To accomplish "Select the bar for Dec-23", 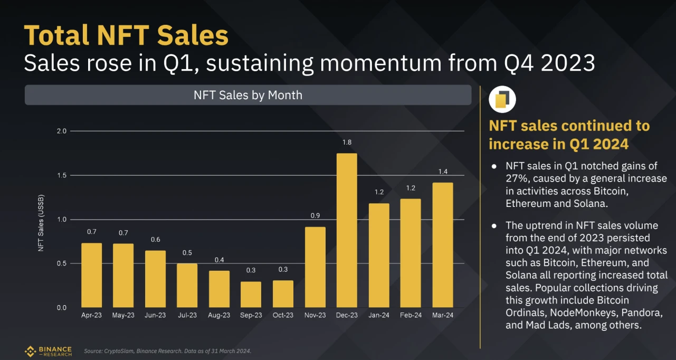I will [x=347, y=230].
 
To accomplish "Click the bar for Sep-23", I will [x=251, y=294].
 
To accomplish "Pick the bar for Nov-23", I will [x=315, y=267].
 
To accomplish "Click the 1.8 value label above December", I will [x=347, y=143].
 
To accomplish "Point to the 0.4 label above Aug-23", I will [x=219, y=260].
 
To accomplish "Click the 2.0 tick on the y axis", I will [x=62, y=131].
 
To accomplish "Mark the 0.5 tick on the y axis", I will [x=62, y=263].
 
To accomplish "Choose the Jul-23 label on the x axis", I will [x=187, y=315].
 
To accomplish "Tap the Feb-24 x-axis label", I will [x=410, y=315].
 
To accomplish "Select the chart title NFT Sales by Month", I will [x=248, y=95].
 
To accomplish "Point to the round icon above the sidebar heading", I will [x=502, y=100].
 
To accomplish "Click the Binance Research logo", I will [x=48, y=351].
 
